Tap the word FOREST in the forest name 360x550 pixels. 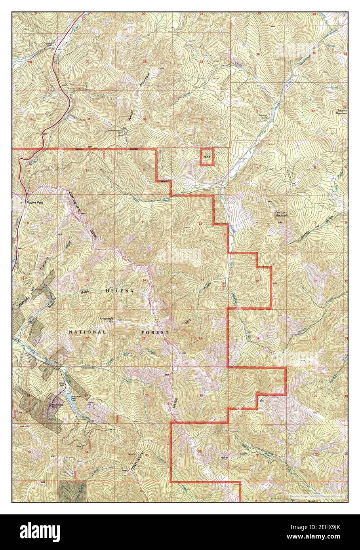pyautogui.click(x=155, y=333)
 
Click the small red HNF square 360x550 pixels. pyautogui.click(x=206, y=157)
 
